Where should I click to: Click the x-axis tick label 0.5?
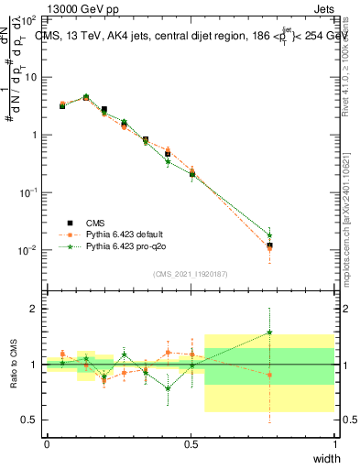[191, 444]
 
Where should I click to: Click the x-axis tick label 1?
[334, 444]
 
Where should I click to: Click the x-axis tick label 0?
[47, 444]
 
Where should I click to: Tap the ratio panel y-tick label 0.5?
[30, 420]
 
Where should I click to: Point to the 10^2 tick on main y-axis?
[28, 19]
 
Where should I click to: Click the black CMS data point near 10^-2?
[269, 245]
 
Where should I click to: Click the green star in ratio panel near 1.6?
[269, 332]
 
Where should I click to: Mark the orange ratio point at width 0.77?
[269, 375]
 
